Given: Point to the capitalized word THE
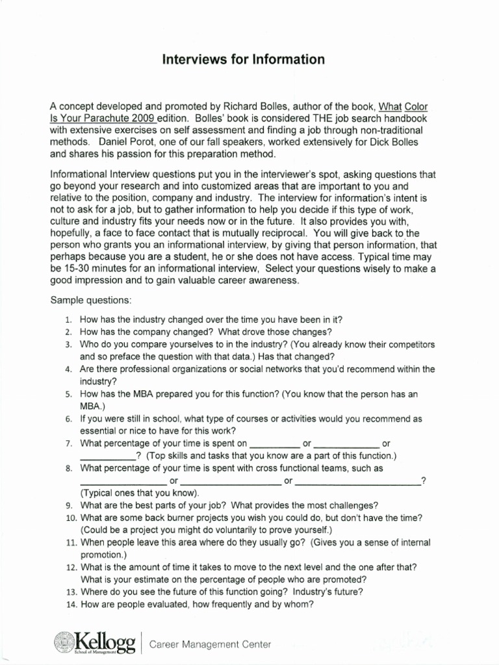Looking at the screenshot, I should (309, 118).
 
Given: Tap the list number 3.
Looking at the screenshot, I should (68, 345).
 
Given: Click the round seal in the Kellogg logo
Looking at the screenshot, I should (64, 642).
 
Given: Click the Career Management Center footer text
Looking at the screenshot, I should (210, 644).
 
